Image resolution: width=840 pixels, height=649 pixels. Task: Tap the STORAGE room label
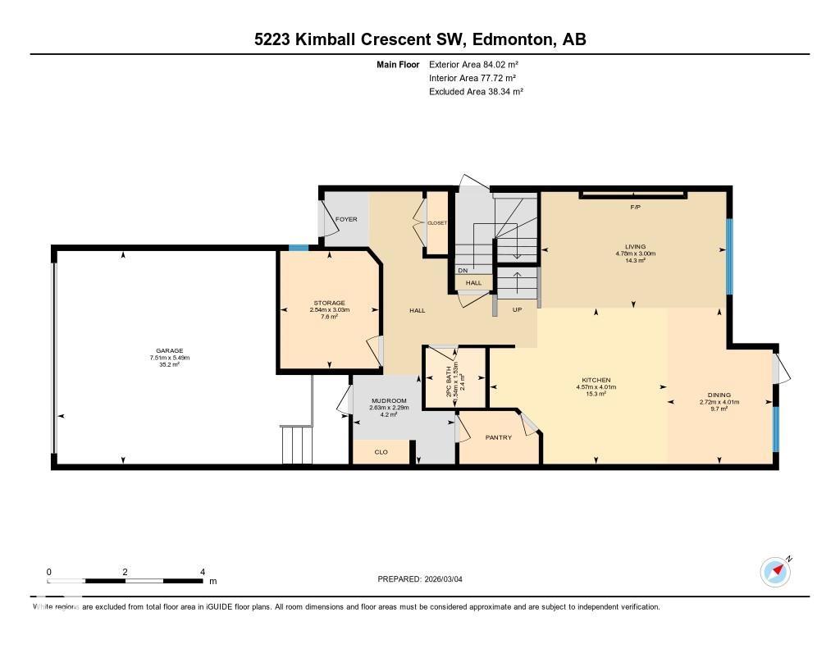[328, 303]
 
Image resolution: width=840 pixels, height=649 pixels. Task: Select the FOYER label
[346, 219]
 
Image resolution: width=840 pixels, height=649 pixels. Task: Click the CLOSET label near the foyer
[436, 222]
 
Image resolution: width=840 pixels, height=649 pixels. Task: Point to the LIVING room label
[634, 246]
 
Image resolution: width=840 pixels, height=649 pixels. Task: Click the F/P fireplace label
[634, 207]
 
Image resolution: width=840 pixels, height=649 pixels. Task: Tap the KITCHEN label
[596, 380]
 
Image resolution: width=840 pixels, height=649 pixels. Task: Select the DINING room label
[719, 395]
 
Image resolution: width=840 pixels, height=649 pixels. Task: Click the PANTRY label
[498, 437]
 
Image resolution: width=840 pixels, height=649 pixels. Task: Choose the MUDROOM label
[383, 400]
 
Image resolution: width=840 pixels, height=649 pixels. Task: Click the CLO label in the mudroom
[381, 452]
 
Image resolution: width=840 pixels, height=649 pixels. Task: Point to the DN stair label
[463, 270]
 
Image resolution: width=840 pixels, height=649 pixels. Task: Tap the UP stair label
[517, 309]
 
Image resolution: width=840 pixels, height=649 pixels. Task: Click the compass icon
[774, 571]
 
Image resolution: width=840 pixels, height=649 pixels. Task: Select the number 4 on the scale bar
[202, 572]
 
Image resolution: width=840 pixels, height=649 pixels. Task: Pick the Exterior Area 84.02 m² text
[473, 64]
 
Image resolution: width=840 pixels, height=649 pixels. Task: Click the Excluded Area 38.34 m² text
[476, 92]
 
